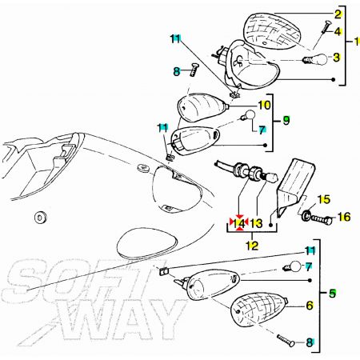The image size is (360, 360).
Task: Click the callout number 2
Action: coord(338,14)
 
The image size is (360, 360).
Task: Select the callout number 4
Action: coord(338,32)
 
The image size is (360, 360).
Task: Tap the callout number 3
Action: coord(337,58)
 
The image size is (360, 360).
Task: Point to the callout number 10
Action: coord(264,105)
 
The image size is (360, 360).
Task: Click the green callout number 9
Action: coord(286,121)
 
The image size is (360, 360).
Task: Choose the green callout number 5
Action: coord(332,294)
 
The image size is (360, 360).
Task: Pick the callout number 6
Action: coord(310,306)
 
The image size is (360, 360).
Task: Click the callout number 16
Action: coord(344,217)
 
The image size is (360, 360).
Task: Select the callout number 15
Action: coord(324,199)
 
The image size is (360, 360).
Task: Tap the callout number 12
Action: coord(252,246)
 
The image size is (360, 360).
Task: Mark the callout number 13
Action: coord(256,223)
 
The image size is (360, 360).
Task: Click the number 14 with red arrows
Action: coord(239,223)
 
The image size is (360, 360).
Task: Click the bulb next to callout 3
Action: coord(315,59)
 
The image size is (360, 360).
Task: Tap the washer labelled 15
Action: coord(306,214)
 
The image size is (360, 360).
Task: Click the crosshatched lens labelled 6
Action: coord(258,309)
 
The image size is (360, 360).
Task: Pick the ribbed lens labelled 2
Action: coord(273,31)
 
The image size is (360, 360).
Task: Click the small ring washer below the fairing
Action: coord(41,218)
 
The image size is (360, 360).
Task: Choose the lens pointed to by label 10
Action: coord(203,107)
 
